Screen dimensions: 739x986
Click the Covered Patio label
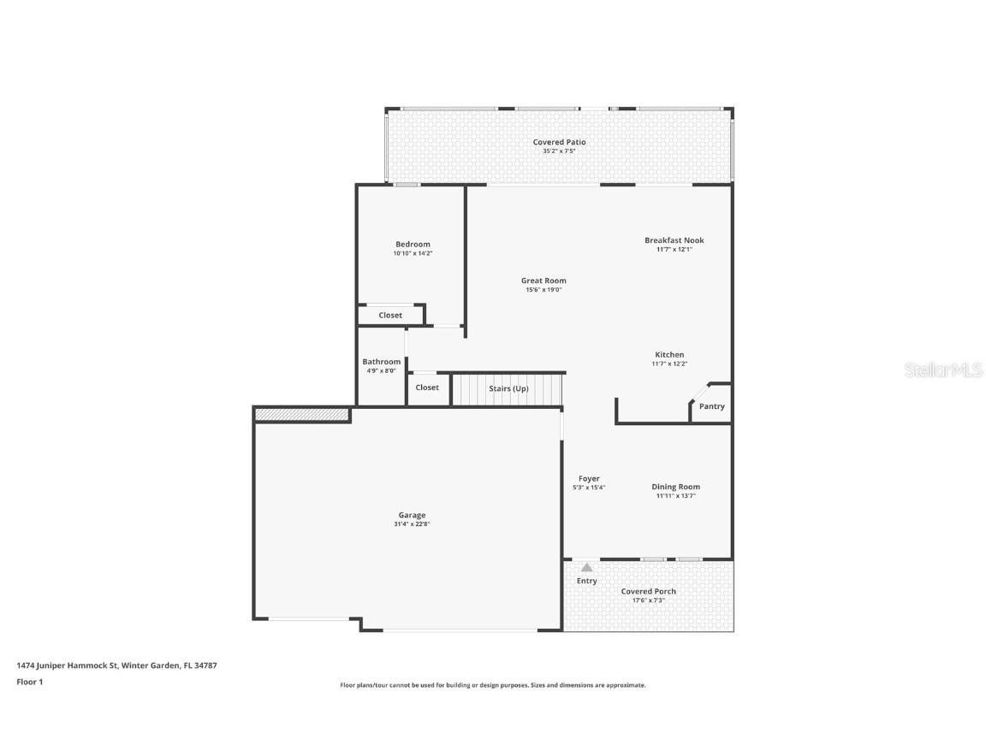[x=559, y=142]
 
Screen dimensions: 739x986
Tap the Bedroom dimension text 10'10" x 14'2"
[x=413, y=253]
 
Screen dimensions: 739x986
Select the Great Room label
[x=543, y=281]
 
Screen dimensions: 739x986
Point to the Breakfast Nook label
[x=674, y=240]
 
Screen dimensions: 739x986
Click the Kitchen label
[x=669, y=354]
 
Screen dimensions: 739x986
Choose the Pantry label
[x=711, y=406]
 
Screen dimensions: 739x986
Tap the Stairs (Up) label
[x=508, y=388]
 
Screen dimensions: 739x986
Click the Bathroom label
[x=381, y=362]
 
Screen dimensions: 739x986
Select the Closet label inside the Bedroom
[x=390, y=316]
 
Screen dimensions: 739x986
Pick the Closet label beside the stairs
[x=427, y=387]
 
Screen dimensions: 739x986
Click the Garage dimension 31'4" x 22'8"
[x=412, y=524]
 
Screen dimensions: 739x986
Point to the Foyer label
[x=589, y=478]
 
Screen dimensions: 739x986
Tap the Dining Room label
[x=676, y=487]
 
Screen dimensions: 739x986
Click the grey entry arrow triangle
[x=586, y=567]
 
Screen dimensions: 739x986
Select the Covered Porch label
[x=648, y=591]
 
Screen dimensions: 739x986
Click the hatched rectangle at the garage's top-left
[x=302, y=415]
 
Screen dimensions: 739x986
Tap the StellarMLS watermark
[x=944, y=370]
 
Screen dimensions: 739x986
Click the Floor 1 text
[x=29, y=682]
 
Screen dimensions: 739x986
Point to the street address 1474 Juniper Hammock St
[x=68, y=665]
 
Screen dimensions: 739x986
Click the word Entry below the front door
[x=586, y=581]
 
